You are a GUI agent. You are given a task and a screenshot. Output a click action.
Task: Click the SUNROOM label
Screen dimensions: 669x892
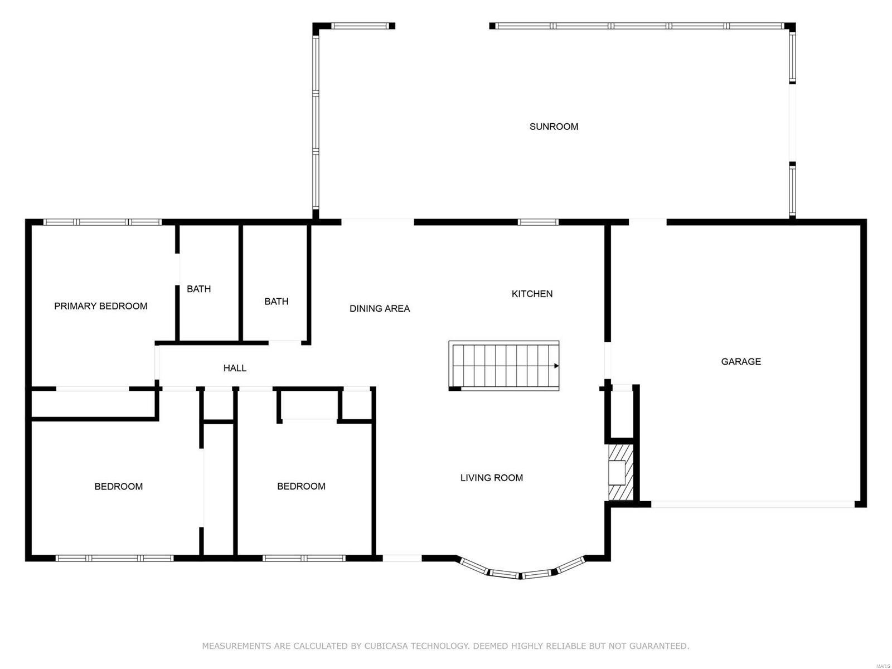click(x=554, y=127)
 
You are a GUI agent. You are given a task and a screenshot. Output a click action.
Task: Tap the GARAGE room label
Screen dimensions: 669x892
click(x=741, y=361)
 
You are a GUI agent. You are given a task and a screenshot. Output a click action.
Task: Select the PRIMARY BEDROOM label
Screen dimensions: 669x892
click(x=101, y=306)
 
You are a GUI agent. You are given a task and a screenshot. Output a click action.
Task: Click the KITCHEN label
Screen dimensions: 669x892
click(x=532, y=294)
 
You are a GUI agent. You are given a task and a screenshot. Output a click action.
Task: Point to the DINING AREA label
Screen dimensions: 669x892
click(x=380, y=308)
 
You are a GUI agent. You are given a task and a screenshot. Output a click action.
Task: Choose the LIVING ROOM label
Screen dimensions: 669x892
click(x=491, y=478)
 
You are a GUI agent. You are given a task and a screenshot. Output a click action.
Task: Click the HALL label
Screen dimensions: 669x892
click(x=235, y=368)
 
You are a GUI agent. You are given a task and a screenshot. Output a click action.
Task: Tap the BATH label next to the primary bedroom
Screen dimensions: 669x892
click(x=198, y=289)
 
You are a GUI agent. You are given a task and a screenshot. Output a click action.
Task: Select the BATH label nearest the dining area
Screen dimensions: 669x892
click(x=276, y=302)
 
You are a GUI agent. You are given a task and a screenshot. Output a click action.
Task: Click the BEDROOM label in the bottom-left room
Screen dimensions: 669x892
click(x=118, y=487)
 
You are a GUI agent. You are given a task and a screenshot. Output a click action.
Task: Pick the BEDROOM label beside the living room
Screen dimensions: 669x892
click(x=301, y=486)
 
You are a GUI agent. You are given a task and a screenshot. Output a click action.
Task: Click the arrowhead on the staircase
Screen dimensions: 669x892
click(x=556, y=366)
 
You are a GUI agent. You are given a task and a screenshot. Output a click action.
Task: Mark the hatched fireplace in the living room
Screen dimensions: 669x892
click(x=620, y=472)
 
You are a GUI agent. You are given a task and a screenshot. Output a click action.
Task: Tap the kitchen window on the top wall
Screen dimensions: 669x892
click(x=538, y=222)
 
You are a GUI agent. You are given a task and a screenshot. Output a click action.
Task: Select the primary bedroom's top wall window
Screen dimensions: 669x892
click(x=103, y=222)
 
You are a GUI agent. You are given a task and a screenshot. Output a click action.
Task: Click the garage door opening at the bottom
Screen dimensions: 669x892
click(x=753, y=504)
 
